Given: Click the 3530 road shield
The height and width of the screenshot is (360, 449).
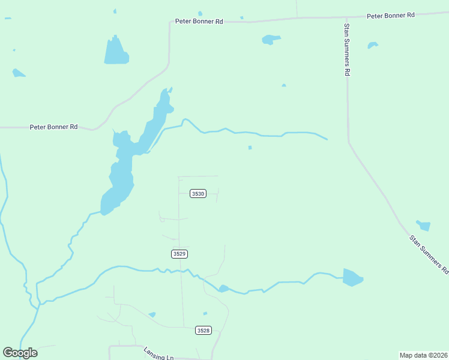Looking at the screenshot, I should click(198, 194).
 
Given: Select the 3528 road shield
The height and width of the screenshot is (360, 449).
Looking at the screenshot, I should click(203, 330).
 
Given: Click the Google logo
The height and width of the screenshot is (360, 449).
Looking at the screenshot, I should click(20, 353).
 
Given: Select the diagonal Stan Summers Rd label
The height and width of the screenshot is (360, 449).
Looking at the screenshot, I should click(429, 254).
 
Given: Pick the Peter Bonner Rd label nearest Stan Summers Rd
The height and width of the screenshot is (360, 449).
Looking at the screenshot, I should click(391, 14).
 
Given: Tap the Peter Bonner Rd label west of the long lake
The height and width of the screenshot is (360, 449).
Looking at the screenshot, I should click(53, 127).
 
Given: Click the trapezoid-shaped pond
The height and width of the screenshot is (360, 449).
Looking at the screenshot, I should click(116, 51).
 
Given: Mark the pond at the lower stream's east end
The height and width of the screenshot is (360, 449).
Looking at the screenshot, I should click(352, 278).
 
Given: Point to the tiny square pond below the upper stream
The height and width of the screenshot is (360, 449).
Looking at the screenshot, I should click(250, 148).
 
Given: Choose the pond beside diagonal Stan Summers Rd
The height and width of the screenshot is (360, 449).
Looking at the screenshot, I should click(424, 226).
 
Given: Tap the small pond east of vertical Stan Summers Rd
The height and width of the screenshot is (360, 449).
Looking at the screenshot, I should click(373, 45).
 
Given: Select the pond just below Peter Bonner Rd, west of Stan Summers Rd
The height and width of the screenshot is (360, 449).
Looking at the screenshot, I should click(271, 40).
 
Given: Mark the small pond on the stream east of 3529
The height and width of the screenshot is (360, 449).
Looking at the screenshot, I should click(223, 289).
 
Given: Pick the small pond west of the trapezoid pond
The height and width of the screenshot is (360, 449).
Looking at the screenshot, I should click(19, 73).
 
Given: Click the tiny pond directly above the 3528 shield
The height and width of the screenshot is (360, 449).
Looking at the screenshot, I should click(205, 313).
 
